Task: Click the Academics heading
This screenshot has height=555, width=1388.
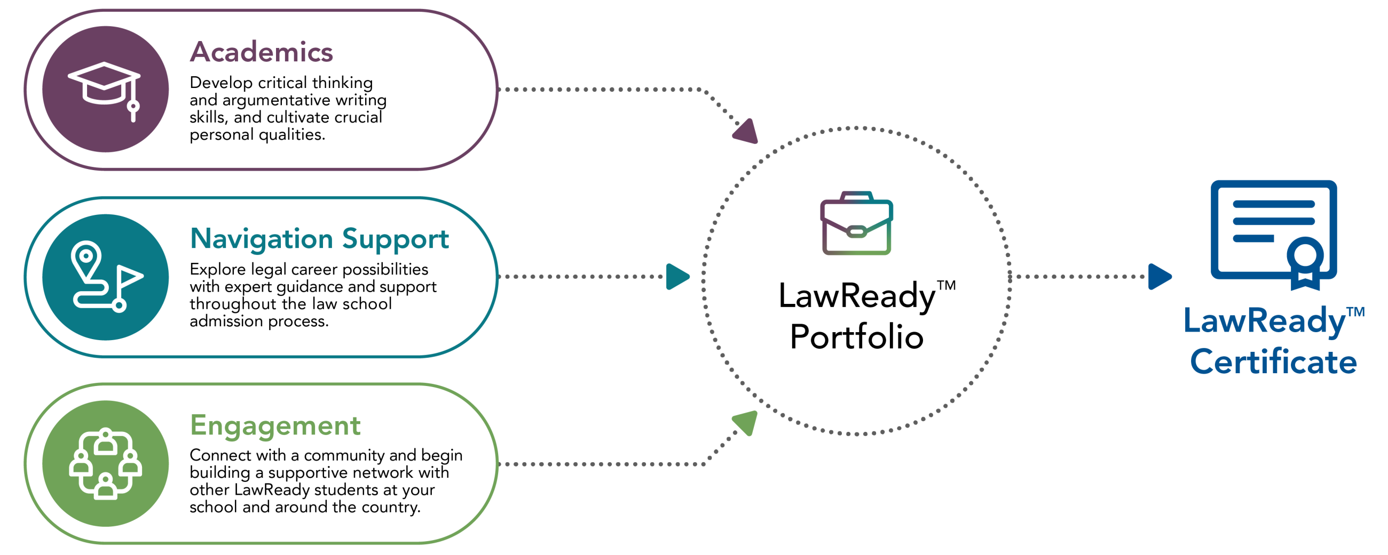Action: (262, 52)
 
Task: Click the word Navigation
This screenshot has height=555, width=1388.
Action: (262, 239)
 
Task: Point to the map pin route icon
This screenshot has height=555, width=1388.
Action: (106, 277)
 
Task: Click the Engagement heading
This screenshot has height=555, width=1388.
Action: (275, 427)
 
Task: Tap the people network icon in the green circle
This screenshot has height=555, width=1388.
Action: (106, 463)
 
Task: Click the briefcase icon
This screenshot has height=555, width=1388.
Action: (856, 223)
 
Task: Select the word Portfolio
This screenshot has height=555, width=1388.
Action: (856, 337)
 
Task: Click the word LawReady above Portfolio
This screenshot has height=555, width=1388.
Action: (856, 296)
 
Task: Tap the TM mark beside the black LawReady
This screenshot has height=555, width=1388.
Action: (946, 285)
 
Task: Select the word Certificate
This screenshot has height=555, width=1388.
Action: (1273, 362)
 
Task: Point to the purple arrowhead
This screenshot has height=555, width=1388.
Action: (747, 132)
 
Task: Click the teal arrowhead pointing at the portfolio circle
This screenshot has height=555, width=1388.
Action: (677, 277)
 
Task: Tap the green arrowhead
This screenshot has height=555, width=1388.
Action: (747, 422)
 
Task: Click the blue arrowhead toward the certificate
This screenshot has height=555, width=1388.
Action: (1158, 277)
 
